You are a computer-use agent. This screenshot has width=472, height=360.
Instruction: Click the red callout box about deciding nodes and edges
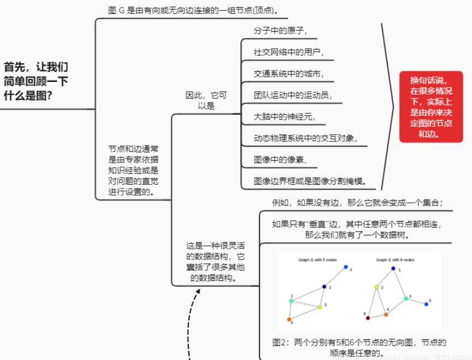point(431,106)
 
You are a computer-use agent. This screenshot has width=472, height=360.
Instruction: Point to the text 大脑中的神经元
point(285,116)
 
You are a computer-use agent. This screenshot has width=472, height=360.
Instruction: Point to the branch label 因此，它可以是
point(206,101)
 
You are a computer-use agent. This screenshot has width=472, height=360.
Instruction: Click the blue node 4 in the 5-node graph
point(346,267)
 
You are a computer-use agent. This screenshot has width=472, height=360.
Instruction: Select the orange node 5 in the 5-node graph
point(289,319)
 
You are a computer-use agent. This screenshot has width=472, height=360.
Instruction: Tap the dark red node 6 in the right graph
point(368,317)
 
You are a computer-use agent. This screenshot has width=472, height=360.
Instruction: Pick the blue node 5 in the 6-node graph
point(426,304)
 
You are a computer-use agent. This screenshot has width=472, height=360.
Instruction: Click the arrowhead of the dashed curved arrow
point(198,291)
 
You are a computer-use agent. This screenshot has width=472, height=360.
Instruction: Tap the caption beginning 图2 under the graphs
point(359,347)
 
